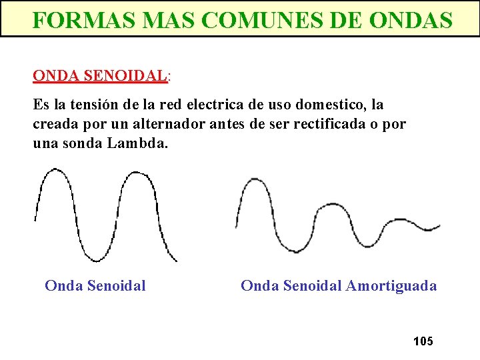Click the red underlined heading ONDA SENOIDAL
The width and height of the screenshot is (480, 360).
coord(99,75)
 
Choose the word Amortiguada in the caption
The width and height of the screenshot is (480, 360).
coord(391,286)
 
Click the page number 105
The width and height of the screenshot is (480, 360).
coord(423,341)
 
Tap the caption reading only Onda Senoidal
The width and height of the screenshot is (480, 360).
coord(95,286)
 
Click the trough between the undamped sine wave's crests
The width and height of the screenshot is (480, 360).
coord(97,259)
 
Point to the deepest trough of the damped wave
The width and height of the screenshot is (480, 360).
coord(291,251)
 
